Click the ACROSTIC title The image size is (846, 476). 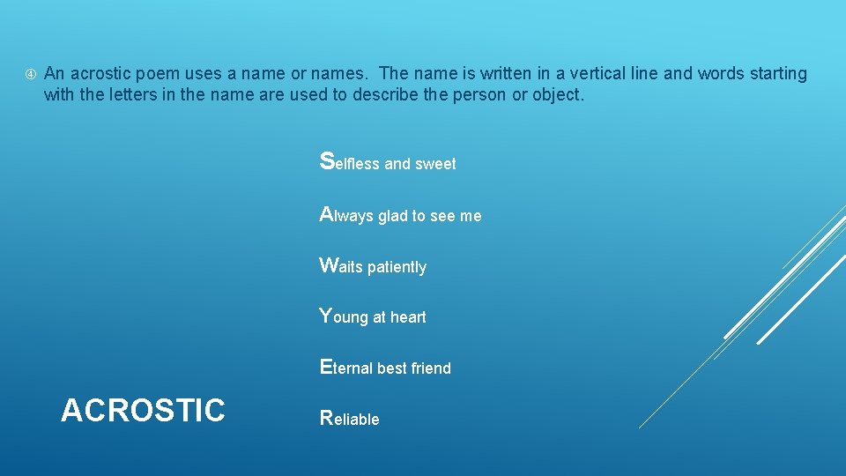point(143,410)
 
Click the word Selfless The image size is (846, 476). point(350,163)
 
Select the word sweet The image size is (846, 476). point(436,164)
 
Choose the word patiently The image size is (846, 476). point(397,267)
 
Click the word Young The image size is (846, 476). point(343,316)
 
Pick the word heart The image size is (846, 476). point(408,317)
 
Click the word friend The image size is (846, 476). point(431,368)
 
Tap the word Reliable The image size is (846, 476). point(349,419)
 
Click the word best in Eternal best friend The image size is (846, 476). point(392,368)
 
